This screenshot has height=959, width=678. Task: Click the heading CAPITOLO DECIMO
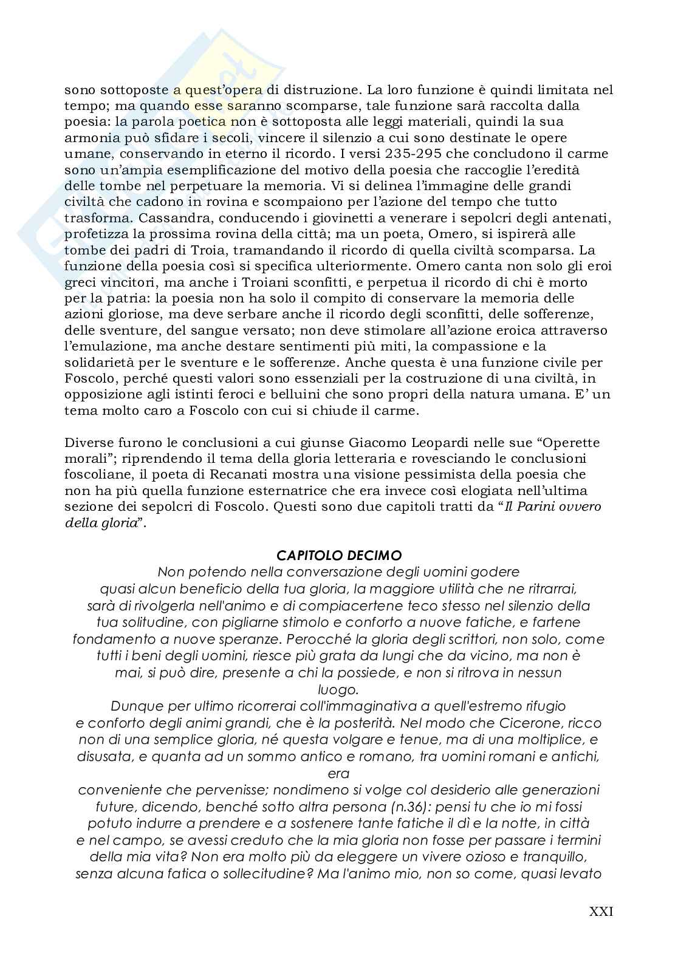click(338, 555)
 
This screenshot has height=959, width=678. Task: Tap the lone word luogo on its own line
click(338, 689)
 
